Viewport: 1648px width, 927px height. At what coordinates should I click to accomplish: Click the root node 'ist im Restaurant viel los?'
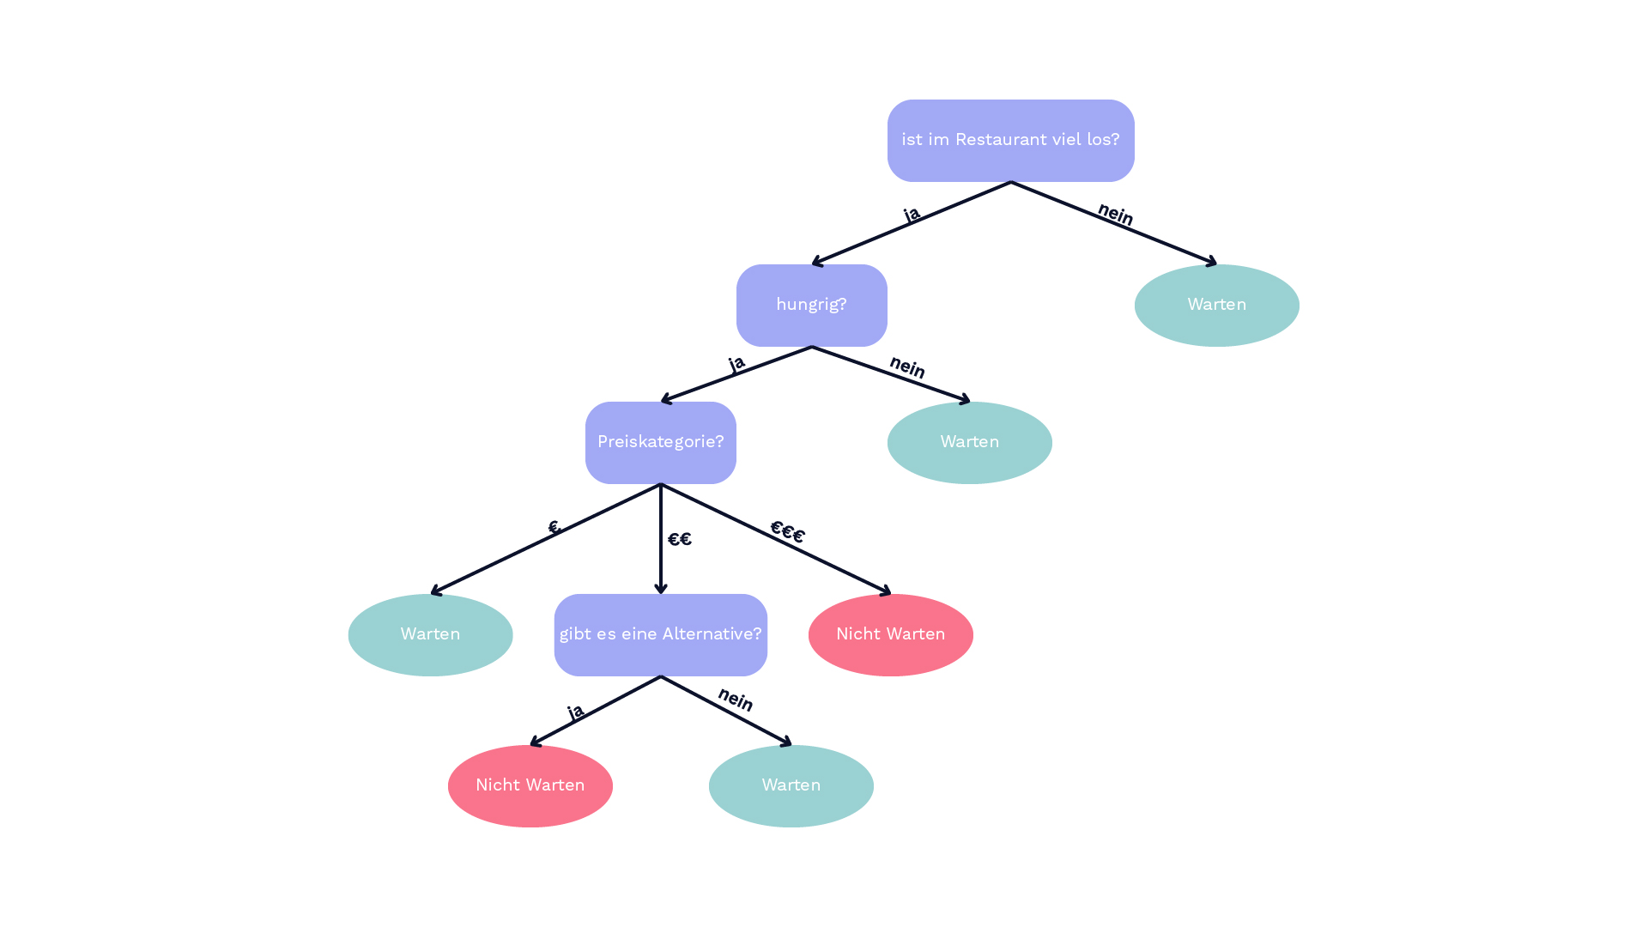click(1010, 140)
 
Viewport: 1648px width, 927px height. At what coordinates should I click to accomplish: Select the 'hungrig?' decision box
click(811, 305)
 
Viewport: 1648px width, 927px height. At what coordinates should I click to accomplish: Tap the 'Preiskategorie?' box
click(660, 442)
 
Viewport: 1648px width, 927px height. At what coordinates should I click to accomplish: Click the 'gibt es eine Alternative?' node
click(660, 634)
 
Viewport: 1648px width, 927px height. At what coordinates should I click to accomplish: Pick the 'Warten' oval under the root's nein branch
click(1216, 305)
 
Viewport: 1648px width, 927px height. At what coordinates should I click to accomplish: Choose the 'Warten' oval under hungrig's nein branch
click(969, 442)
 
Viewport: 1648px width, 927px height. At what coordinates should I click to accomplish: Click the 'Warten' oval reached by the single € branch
click(430, 634)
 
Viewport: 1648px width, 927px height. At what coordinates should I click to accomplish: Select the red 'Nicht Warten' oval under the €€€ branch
click(890, 634)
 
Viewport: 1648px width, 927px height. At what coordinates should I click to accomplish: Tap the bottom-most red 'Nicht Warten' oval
click(530, 785)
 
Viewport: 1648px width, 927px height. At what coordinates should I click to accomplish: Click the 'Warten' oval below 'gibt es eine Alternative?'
click(791, 785)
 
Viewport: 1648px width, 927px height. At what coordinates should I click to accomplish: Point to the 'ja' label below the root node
click(912, 214)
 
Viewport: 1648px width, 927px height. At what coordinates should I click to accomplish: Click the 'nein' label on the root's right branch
click(1115, 214)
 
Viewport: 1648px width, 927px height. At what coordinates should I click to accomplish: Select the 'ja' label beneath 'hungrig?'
click(736, 364)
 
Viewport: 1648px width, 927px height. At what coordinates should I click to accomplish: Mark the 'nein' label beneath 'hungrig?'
click(906, 367)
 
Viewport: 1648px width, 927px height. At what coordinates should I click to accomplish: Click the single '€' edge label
click(554, 527)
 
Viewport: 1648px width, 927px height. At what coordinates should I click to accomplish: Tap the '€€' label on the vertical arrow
click(679, 539)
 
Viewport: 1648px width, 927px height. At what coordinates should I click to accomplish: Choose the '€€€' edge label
click(787, 532)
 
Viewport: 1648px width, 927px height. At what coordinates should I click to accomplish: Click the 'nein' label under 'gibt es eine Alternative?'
click(735, 700)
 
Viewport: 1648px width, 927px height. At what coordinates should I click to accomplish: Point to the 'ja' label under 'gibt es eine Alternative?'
click(575, 712)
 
